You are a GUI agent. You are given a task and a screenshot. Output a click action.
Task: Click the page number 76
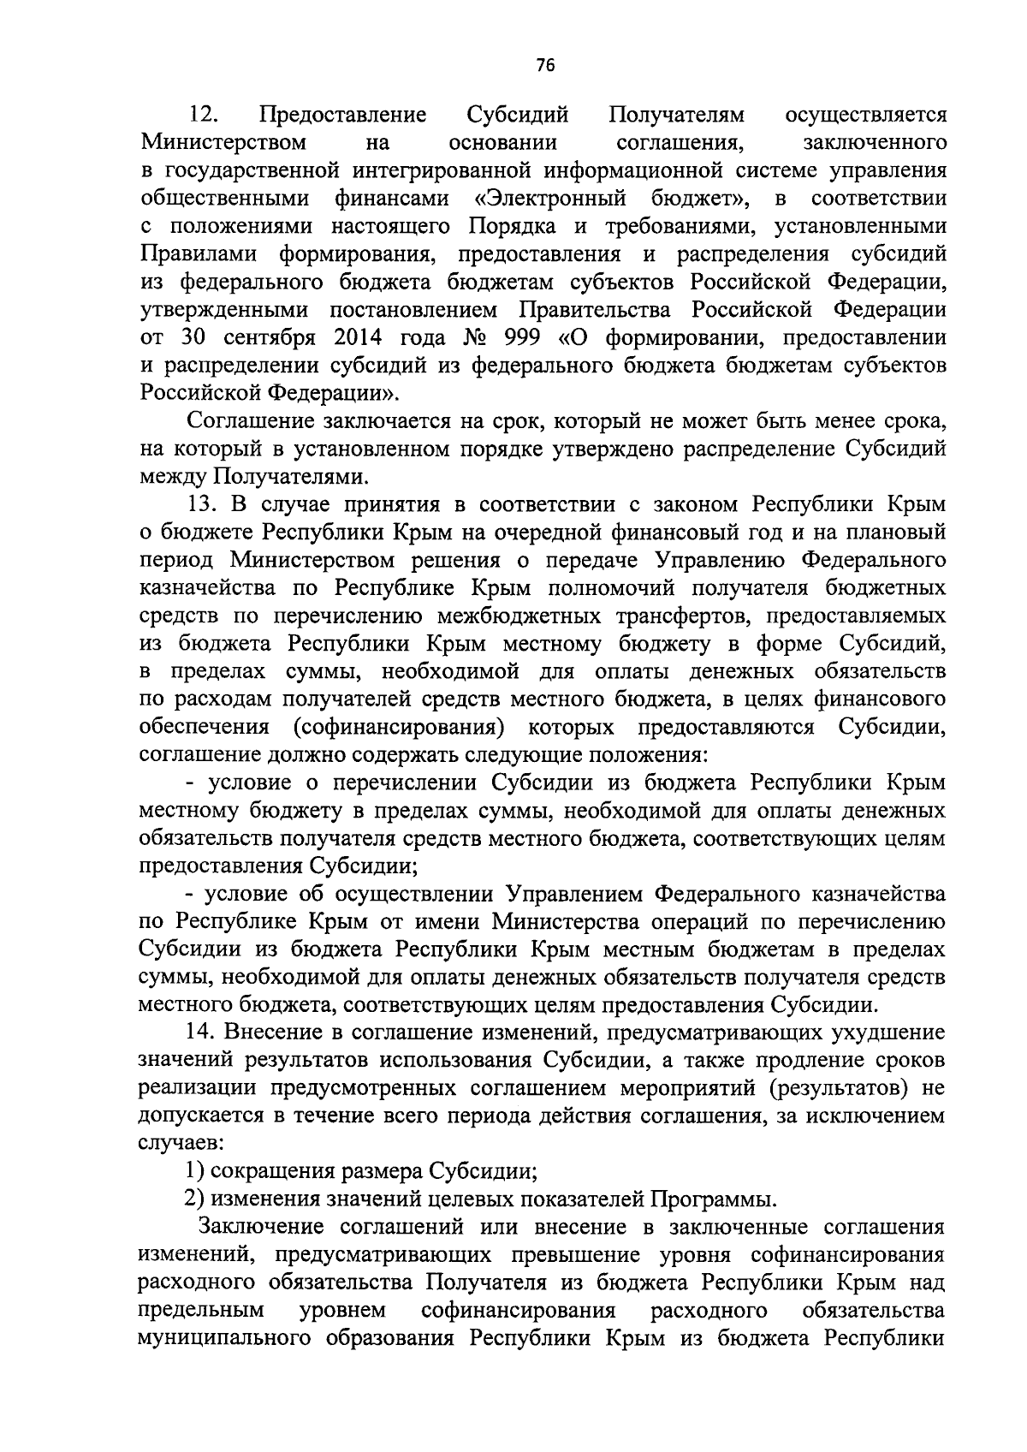tap(545, 66)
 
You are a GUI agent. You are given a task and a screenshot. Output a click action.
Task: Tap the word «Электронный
tap(550, 199)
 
